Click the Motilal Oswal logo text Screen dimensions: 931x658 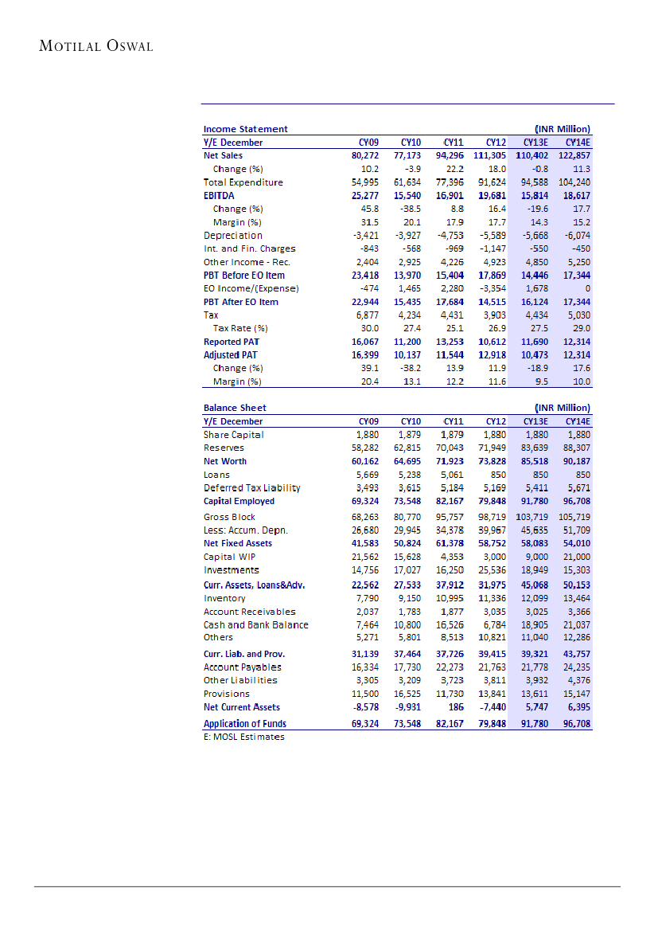[96, 46]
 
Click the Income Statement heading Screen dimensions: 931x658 [245, 129]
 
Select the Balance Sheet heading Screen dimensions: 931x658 [234, 408]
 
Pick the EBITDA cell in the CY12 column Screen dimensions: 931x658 [491, 195]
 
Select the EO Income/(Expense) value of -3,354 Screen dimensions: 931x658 [493, 288]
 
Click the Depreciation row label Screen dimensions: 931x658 [232, 236]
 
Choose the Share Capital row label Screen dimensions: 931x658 [233, 435]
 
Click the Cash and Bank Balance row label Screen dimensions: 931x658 [255, 625]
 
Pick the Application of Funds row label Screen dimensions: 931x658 [244, 724]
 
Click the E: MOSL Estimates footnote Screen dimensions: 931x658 [243, 737]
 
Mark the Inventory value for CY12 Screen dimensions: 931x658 [493, 598]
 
